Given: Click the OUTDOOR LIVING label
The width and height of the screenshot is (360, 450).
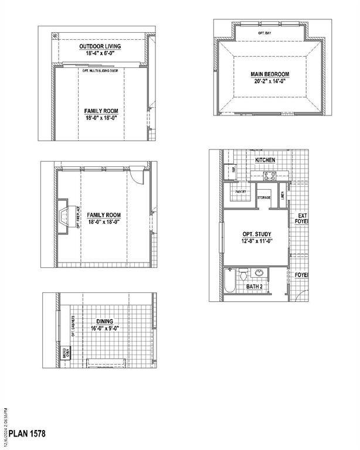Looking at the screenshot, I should click(x=101, y=46).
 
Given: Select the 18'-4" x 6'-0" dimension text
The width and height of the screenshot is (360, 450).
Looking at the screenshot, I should click(x=101, y=54).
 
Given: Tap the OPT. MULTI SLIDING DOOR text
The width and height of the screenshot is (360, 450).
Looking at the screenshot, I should click(x=100, y=69).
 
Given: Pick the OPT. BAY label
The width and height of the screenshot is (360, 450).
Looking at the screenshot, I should click(x=264, y=34).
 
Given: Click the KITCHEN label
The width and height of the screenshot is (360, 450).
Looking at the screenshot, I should click(x=265, y=160).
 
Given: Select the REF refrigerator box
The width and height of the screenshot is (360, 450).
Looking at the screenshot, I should click(x=233, y=169).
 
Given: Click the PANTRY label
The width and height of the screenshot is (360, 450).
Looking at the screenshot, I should click(x=240, y=192).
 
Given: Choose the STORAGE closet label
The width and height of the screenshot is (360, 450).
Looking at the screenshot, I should click(x=264, y=197).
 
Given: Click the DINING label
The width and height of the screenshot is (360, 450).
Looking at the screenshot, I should click(x=105, y=322).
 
